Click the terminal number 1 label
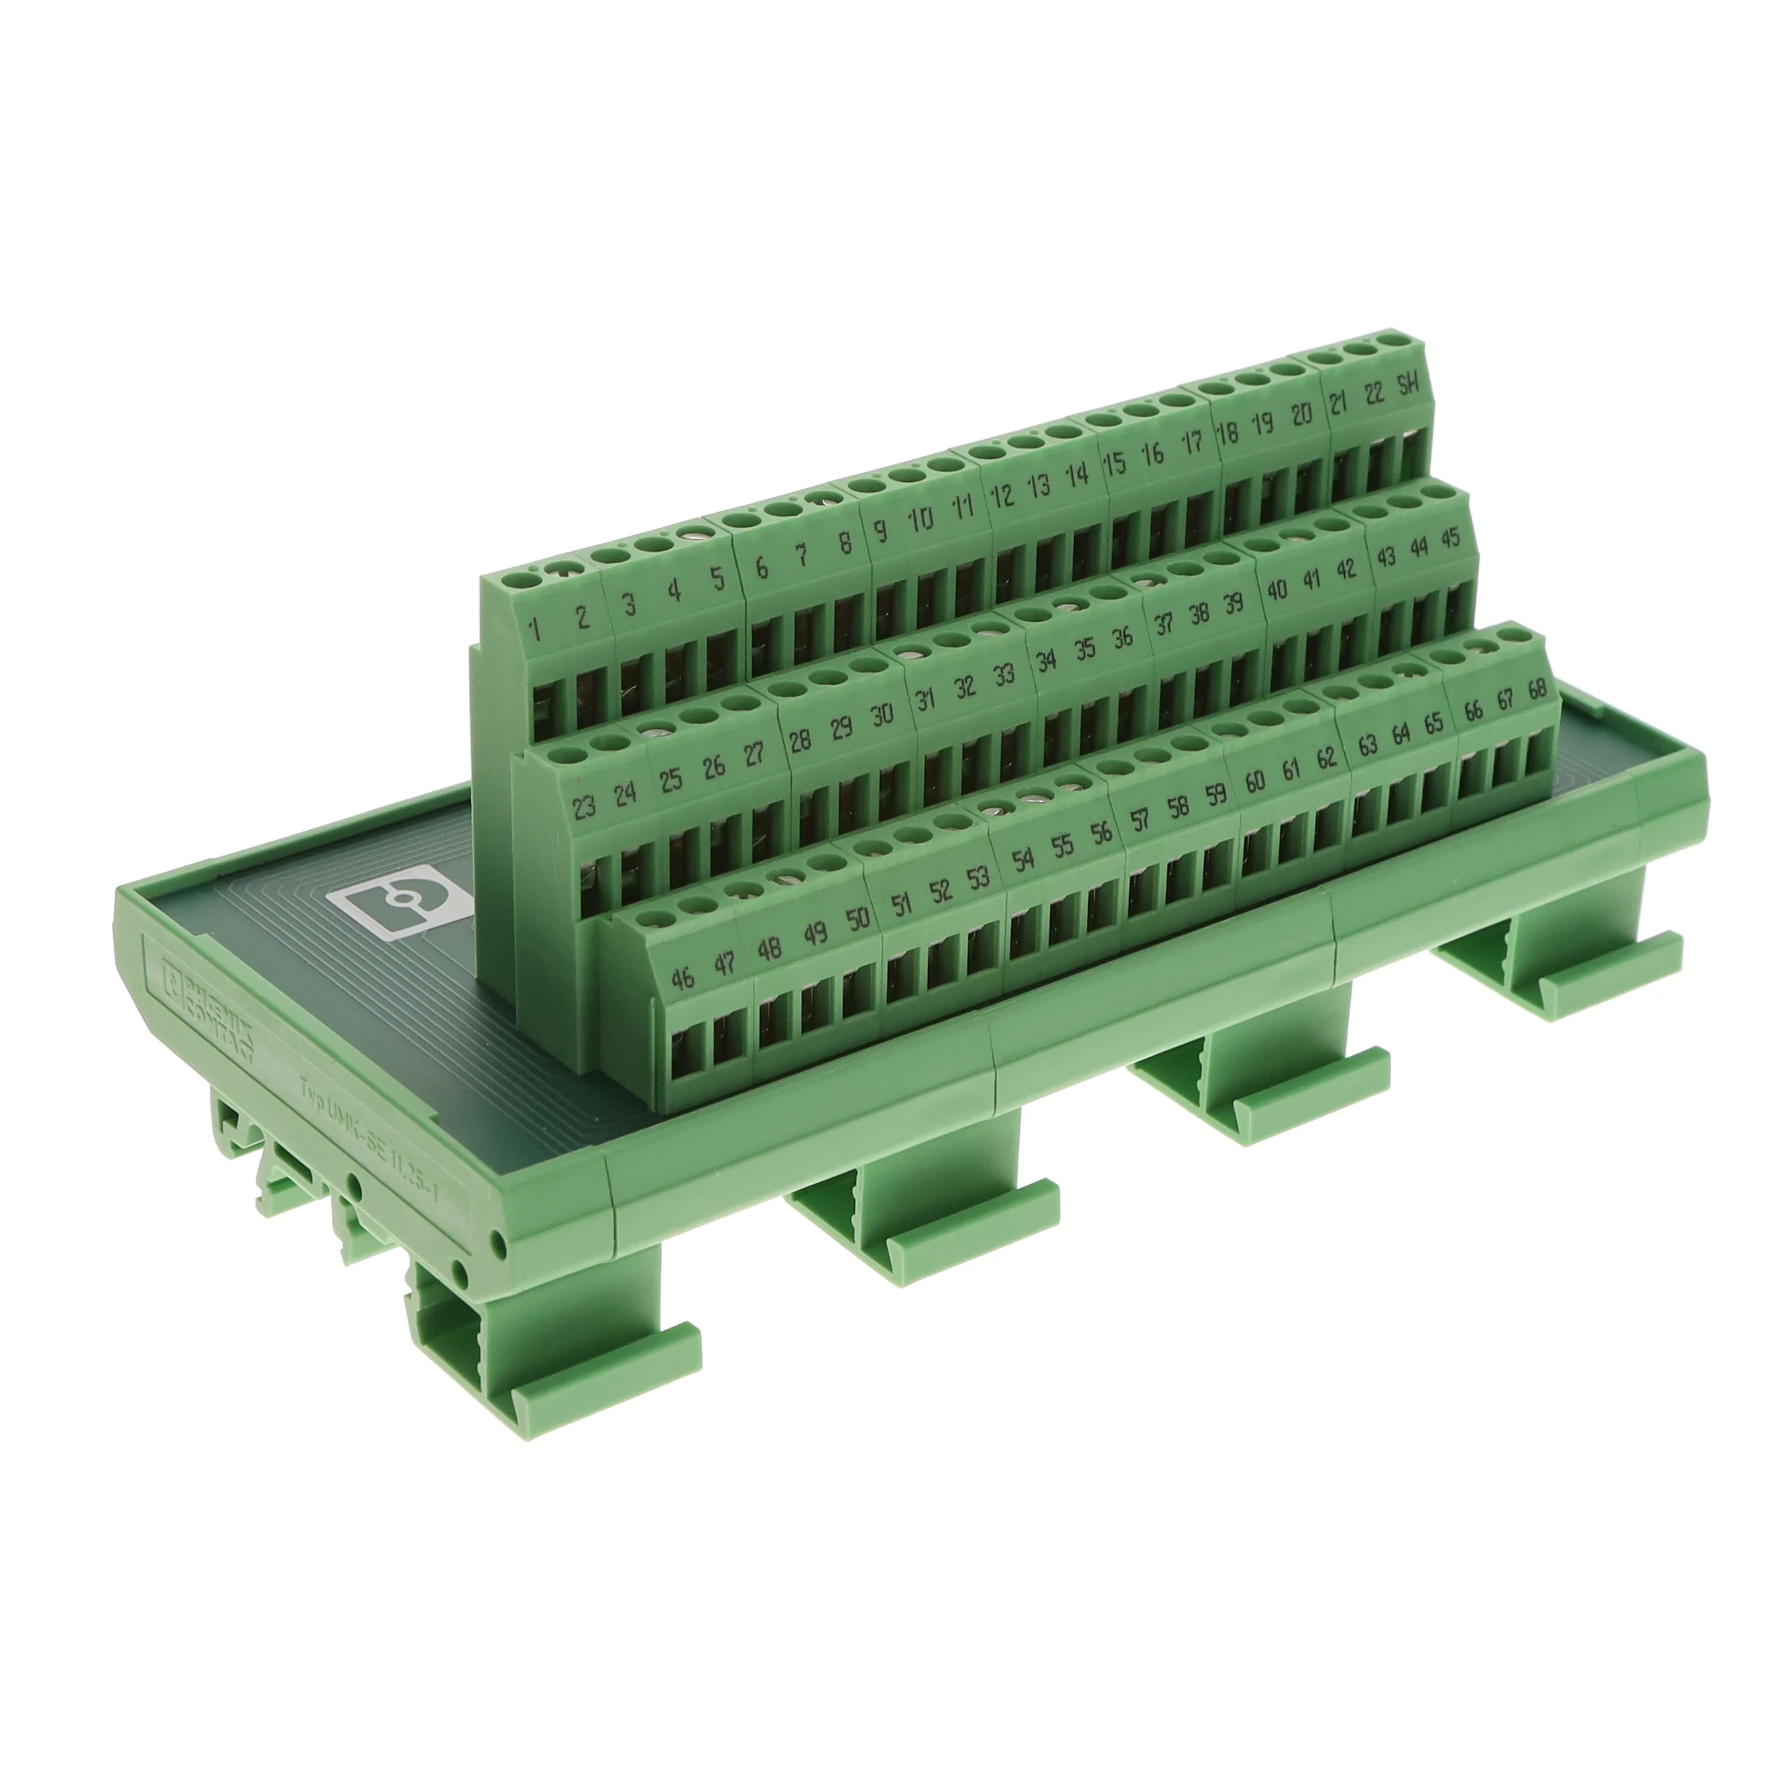point(535,630)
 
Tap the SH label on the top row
point(1409,386)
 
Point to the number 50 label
point(857,919)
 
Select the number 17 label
point(1193,442)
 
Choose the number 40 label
point(1277,589)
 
